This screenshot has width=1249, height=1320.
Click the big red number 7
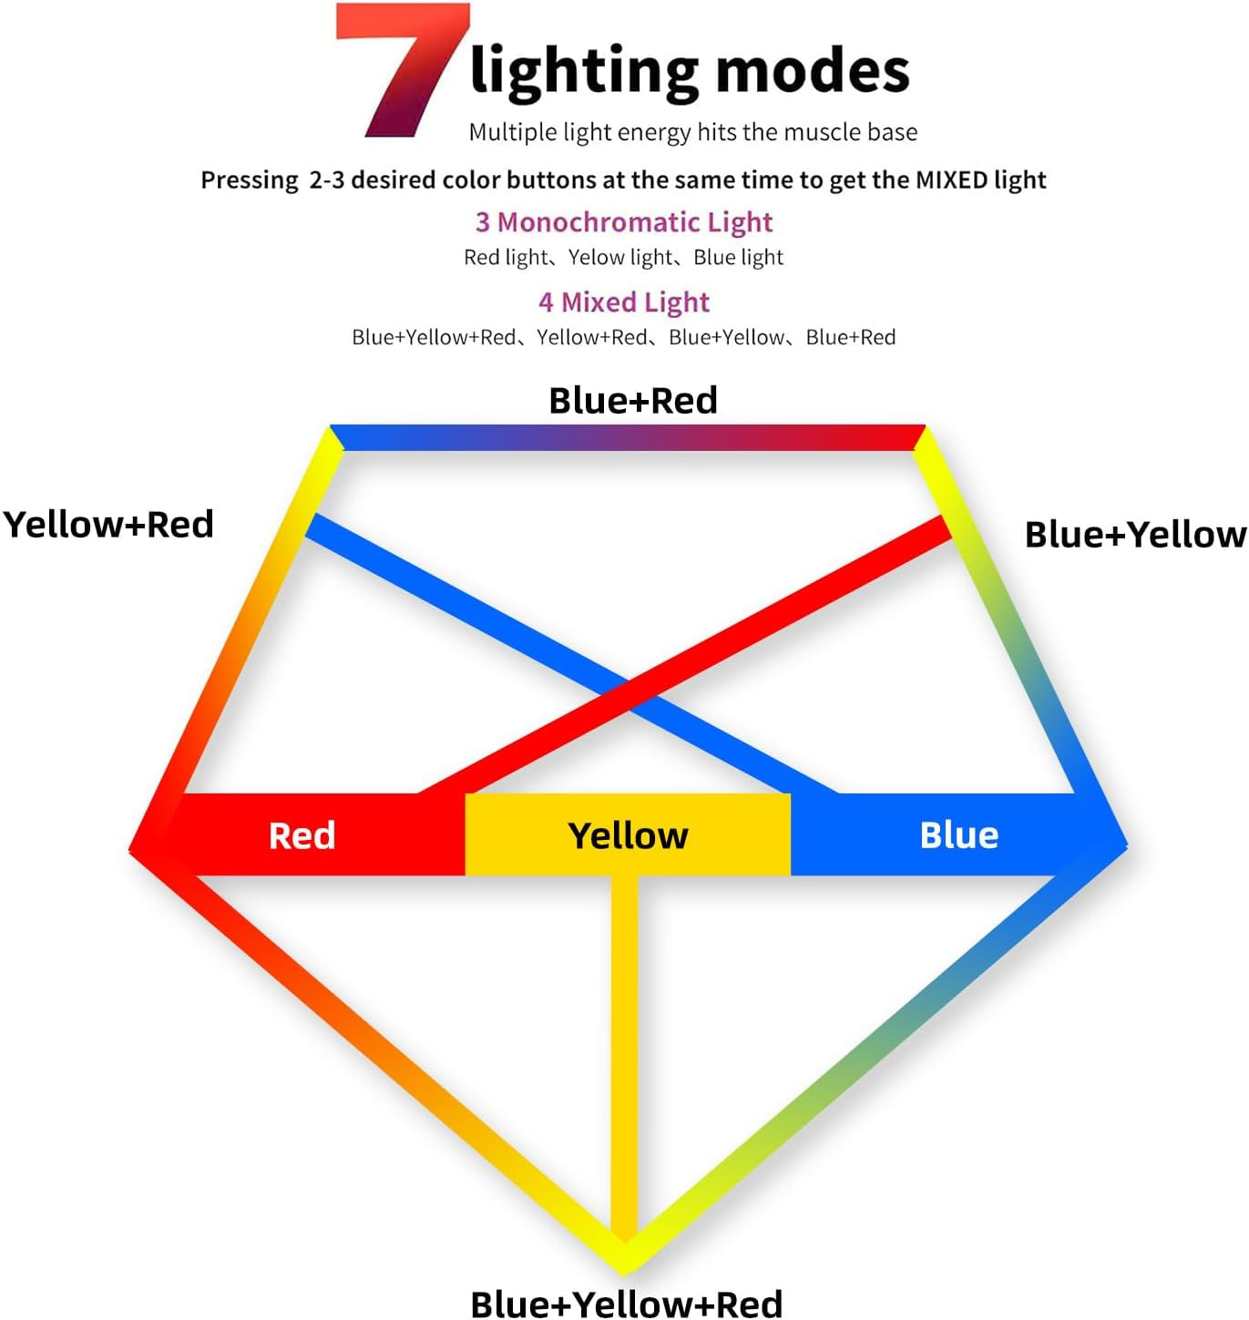(x=403, y=70)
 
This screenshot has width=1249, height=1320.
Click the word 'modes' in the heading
(x=813, y=70)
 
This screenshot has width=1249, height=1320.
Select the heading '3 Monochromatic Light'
(x=624, y=222)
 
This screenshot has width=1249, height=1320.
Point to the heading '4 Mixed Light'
(x=624, y=302)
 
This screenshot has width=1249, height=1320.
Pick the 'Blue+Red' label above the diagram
(x=633, y=400)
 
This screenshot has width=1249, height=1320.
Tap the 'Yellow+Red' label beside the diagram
(x=108, y=524)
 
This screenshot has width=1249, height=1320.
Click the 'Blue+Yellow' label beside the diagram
(x=1135, y=535)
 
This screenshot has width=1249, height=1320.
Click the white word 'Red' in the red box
(x=302, y=836)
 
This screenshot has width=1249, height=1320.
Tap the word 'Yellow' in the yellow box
(x=628, y=836)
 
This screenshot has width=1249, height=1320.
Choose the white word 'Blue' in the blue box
(x=959, y=835)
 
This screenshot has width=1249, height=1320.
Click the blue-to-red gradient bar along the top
(x=627, y=438)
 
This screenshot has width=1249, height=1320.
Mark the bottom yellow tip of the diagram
(x=625, y=1273)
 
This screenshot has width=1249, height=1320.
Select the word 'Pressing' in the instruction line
(x=249, y=180)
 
